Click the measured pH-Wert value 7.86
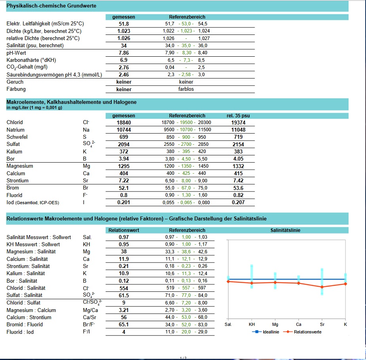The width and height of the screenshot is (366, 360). (124, 53)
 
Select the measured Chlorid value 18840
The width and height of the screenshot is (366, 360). (124, 123)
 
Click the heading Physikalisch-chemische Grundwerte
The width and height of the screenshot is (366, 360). (51, 6)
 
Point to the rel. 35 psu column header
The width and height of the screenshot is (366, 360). (238, 115)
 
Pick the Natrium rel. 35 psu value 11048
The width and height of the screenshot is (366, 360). (238, 130)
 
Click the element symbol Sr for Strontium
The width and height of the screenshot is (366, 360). (85, 181)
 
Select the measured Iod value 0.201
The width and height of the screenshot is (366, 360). (124, 203)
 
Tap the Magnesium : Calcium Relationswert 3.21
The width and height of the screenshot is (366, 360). (124, 310)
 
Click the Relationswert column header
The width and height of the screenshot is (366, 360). (124, 230)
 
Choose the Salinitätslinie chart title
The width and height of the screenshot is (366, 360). (285, 230)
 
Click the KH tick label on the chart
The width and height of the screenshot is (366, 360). (252, 324)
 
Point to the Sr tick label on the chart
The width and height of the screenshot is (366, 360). (322, 324)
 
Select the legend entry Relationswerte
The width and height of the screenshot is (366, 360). (307, 332)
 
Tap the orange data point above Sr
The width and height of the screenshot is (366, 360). (322, 287)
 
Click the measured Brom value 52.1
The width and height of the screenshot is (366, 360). (124, 188)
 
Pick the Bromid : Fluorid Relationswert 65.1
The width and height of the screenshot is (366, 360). (124, 324)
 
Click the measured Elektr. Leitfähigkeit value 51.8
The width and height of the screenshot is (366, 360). (124, 24)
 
